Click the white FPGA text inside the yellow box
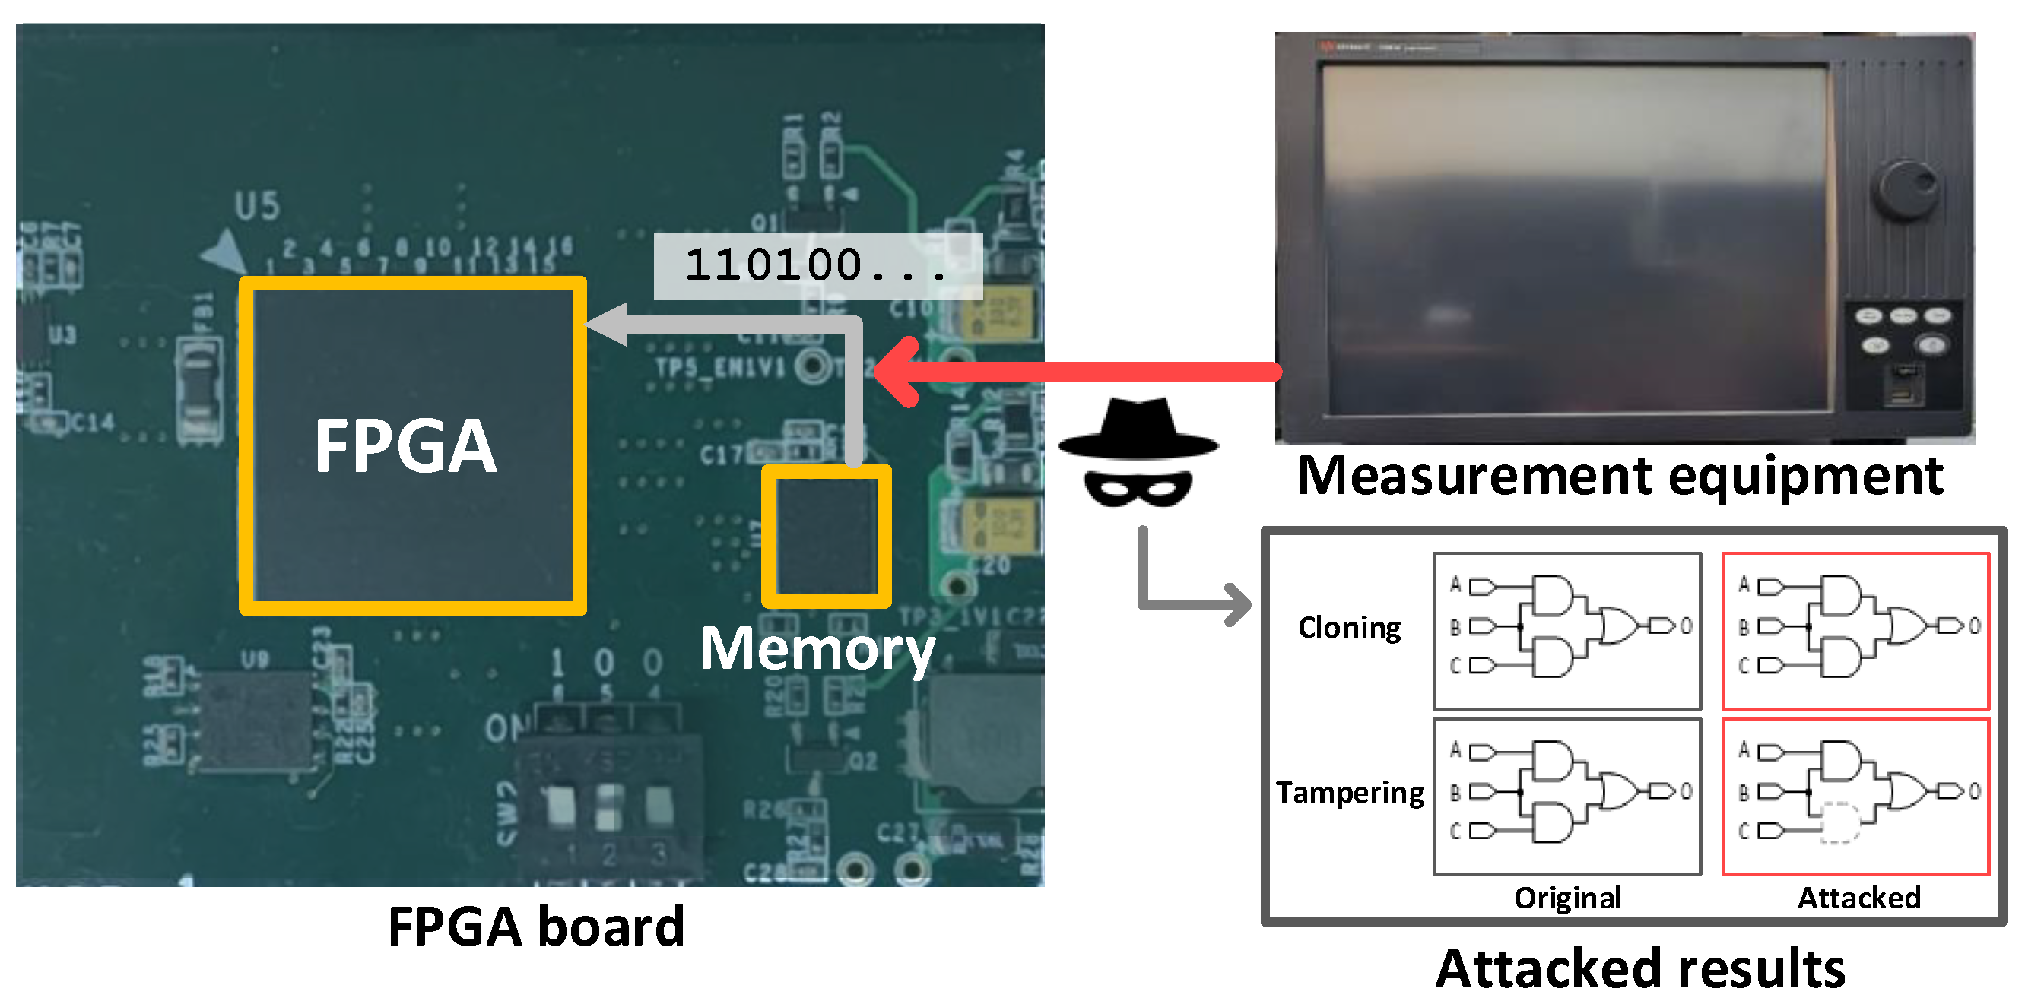click(x=405, y=446)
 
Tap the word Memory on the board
click(x=817, y=649)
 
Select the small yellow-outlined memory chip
click(x=826, y=537)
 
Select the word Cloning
click(x=1349, y=628)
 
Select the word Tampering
click(x=1349, y=792)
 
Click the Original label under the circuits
click(x=1566, y=898)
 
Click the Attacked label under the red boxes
click(x=1858, y=898)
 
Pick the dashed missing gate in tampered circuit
click(x=1840, y=822)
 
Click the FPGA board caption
click(x=536, y=927)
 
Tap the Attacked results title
click(x=1639, y=968)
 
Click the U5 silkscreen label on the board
click(x=257, y=207)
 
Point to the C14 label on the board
click(x=93, y=423)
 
